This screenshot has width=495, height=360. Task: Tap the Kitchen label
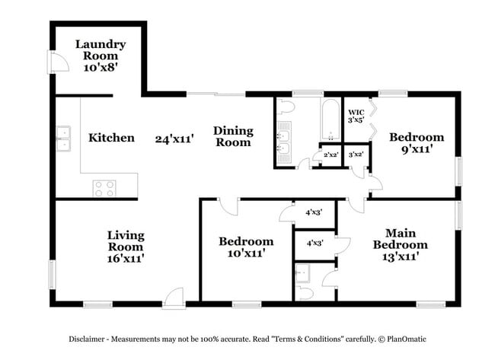tap(111, 138)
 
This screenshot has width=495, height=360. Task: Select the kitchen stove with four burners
tap(104, 187)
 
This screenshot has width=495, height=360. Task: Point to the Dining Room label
tap(232, 136)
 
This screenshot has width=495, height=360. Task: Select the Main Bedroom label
tap(399, 239)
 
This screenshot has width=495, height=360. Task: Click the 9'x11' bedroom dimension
tap(416, 150)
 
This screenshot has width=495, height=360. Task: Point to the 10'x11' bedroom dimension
tap(245, 253)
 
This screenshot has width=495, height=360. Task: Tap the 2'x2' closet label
tap(331, 155)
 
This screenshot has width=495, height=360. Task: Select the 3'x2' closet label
tap(356, 155)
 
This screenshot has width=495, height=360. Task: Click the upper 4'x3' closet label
tap(314, 212)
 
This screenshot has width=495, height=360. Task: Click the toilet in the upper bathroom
tap(287, 106)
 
